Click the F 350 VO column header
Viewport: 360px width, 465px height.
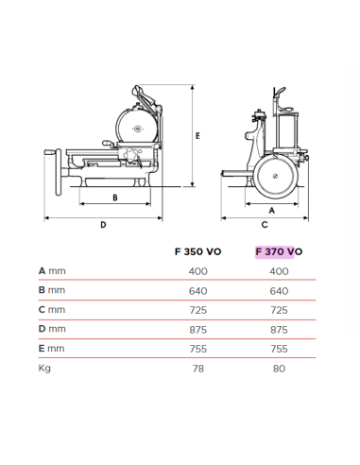click(x=198, y=251)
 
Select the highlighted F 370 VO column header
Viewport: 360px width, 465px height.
click(x=278, y=251)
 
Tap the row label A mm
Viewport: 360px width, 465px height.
click(x=52, y=271)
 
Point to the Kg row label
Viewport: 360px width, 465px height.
click(x=44, y=368)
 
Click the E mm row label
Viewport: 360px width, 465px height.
click(x=52, y=348)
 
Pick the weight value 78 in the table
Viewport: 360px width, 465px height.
click(x=198, y=368)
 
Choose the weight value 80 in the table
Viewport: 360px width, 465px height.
click(x=279, y=368)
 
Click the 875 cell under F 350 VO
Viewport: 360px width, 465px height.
click(x=198, y=329)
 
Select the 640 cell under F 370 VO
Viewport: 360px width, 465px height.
click(x=279, y=290)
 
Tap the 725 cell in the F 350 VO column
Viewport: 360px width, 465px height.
click(x=198, y=310)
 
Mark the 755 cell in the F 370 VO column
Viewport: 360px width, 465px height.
click(x=279, y=348)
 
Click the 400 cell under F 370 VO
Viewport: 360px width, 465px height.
click(x=279, y=271)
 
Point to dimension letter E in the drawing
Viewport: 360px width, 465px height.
click(x=197, y=136)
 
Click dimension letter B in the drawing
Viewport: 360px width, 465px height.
click(x=114, y=198)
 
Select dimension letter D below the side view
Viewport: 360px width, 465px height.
click(x=103, y=225)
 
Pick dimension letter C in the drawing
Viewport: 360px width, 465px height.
click(x=266, y=225)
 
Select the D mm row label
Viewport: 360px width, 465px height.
click(x=52, y=329)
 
